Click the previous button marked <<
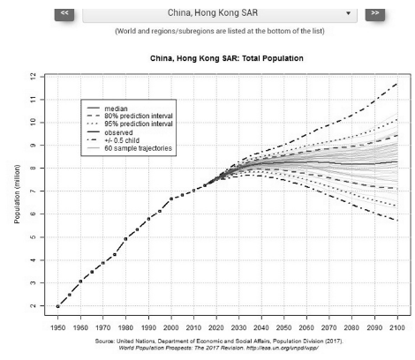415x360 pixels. pyautogui.click(x=66, y=13)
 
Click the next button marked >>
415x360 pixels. pyautogui.click(x=375, y=13)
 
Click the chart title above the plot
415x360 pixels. pyautogui.click(x=227, y=58)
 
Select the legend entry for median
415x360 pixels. pyautogui.click(x=117, y=108)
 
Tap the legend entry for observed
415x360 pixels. pyautogui.click(x=121, y=132)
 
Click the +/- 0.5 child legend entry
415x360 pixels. pyautogui.click(x=124, y=140)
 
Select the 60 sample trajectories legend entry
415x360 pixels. pyautogui.click(x=137, y=148)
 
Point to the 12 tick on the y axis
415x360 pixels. pyautogui.click(x=32, y=76)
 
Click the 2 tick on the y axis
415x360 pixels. pyautogui.click(x=32, y=306)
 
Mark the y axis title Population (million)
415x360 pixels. pyautogui.click(x=17, y=191)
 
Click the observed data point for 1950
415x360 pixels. pyautogui.click(x=59, y=306)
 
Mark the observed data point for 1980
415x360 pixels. pyautogui.click(x=127, y=238)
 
